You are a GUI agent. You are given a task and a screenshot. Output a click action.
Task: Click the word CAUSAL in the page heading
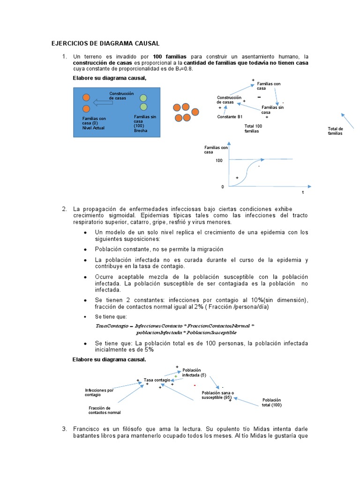pyautogui.click(x=146, y=44)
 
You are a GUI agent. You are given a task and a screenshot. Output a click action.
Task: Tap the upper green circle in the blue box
pyautogui.click(x=143, y=97)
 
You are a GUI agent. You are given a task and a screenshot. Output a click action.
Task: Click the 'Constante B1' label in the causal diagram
pyautogui.click(x=230, y=117)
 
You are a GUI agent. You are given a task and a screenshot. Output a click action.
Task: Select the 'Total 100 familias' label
pyautogui.click(x=253, y=128)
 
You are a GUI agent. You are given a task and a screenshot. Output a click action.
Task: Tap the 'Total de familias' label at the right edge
pyautogui.click(x=335, y=131)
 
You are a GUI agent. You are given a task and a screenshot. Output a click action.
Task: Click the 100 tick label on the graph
pyautogui.click(x=219, y=160)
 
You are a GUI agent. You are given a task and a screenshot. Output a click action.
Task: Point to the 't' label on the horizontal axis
pyautogui.click(x=302, y=192)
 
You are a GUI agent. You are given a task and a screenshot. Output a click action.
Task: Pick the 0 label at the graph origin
pyautogui.click(x=223, y=187)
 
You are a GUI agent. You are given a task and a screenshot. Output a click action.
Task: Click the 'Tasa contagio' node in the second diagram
pyautogui.click(x=157, y=380)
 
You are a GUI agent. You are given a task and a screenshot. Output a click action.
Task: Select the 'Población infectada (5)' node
pyautogui.click(x=194, y=373)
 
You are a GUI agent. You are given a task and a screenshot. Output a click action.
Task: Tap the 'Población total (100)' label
pyautogui.click(x=272, y=402)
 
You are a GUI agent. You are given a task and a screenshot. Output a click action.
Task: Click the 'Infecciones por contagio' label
pyautogui.click(x=99, y=392)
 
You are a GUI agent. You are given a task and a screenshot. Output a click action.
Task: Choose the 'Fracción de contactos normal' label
pyautogui.click(x=104, y=410)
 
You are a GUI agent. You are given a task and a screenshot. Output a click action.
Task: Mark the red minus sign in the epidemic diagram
pyautogui.click(x=194, y=385)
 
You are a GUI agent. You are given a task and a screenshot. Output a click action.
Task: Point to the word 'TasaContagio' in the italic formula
pyautogui.click(x=111, y=325)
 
